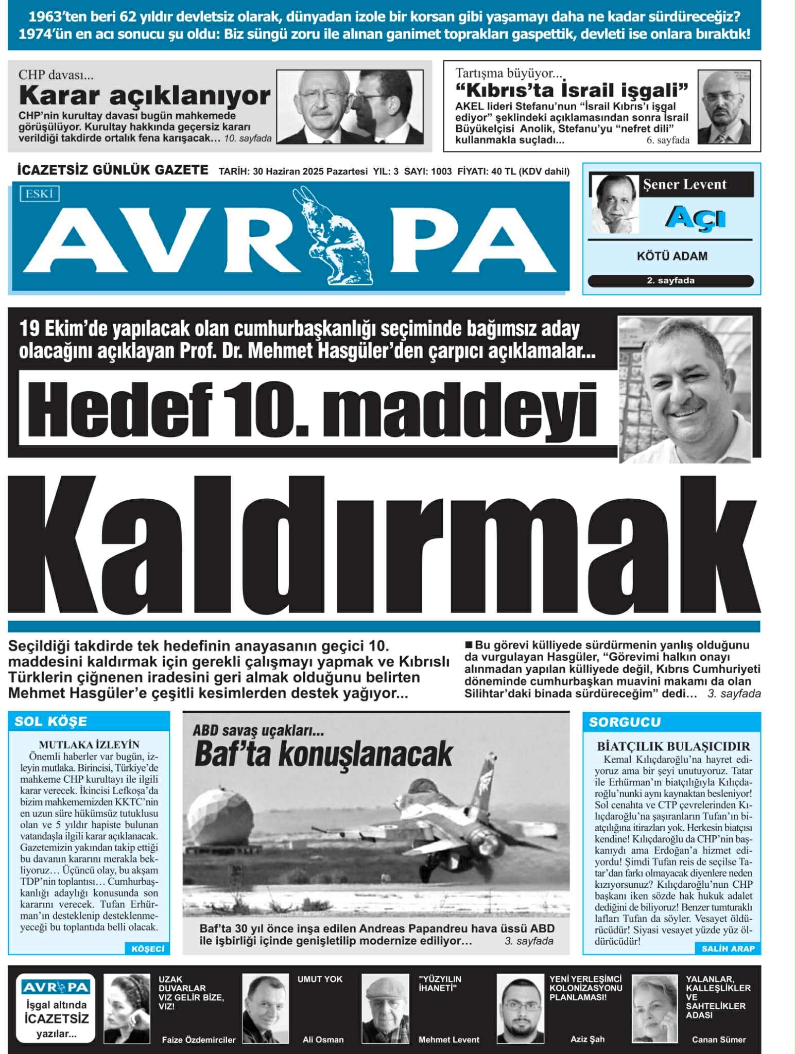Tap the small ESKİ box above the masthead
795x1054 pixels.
[40, 194]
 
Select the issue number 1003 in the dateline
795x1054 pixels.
[441, 171]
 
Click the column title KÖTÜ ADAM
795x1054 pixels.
[671, 256]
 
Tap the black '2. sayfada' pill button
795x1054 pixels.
[670, 280]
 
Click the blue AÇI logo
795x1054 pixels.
[695, 218]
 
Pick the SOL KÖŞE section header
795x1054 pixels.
[50, 722]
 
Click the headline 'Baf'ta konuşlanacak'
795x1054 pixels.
[323, 754]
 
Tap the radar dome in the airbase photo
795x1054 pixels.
[220, 817]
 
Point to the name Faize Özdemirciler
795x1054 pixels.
[198, 1040]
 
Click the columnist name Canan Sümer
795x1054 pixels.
[718, 1040]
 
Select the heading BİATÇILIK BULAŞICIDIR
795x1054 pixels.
[673, 746]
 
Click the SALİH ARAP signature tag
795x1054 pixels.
[728, 948]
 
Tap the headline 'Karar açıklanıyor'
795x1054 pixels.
[145, 96]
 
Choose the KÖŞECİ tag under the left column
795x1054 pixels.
[147, 948]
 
